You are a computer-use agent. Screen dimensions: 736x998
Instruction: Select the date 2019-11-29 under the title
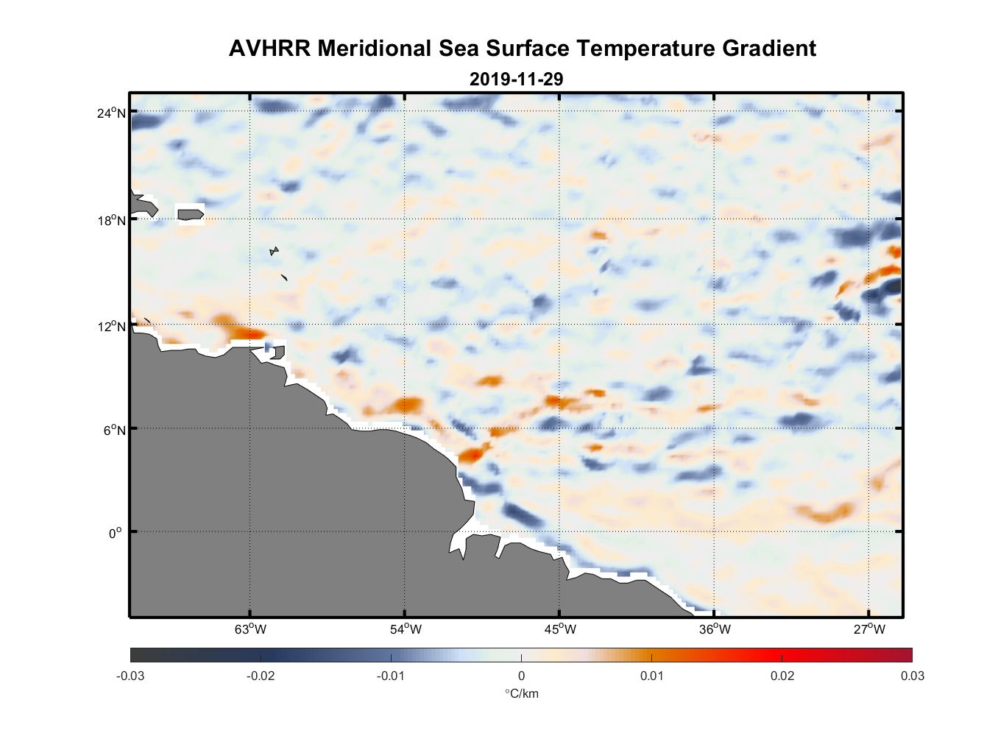click(516, 79)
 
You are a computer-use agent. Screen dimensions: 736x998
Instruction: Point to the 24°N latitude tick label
click(111, 113)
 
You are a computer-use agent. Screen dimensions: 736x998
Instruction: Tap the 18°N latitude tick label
click(111, 221)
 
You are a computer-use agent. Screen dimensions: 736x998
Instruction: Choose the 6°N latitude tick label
click(114, 431)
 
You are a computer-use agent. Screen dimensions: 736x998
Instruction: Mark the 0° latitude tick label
click(115, 534)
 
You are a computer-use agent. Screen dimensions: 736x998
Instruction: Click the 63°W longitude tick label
click(250, 629)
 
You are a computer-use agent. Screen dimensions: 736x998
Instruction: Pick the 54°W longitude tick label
click(406, 629)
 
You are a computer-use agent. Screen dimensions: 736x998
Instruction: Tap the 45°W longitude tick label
click(560, 629)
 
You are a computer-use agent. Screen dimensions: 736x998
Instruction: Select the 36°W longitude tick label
click(715, 629)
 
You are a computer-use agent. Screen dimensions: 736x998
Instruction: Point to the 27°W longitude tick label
click(869, 629)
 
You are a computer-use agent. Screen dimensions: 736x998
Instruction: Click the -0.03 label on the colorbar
click(130, 676)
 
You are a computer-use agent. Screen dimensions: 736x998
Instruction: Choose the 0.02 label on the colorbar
click(782, 676)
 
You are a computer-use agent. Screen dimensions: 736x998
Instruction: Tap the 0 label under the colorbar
click(521, 676)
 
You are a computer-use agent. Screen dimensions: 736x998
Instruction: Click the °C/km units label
click(521, 693)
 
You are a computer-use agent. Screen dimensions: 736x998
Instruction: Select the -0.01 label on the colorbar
click(391, 676)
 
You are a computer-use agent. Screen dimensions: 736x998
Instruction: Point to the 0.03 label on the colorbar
click(912, 676)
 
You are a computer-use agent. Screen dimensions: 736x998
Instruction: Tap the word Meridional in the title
click(374, 49)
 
